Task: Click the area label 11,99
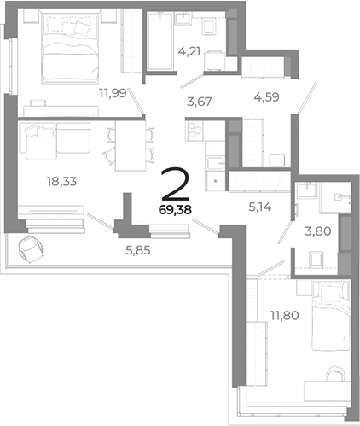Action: point(113,93)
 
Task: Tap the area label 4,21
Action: point(189,51)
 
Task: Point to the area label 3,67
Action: point(200,102)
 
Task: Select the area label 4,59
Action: point(266,97)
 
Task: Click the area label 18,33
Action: point(62,181)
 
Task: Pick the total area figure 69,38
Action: point(175,210)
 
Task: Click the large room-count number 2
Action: point(175,184)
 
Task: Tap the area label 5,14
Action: point(260,207)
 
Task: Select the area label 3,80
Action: point(318,231)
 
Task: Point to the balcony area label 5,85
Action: point(138,250)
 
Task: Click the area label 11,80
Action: point(285,315)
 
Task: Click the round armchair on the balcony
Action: point(30,249)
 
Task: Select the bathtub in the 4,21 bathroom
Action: point(160,41)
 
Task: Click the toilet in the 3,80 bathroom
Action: point(316,260)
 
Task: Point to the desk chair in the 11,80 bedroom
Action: point(335,374)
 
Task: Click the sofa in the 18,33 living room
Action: point(55,140)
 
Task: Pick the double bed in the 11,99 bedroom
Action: point(71,46)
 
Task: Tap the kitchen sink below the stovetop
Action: point(215,163)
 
